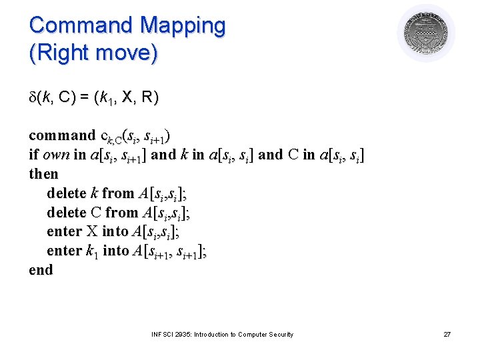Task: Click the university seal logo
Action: point(426,33)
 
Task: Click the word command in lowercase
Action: point(62,136)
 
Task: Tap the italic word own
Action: point(56,155)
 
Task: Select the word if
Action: point(33,155)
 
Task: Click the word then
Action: point(44,175)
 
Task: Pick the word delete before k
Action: point(67,193)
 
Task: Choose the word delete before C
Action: point(67,213)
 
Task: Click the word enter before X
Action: point(64,232)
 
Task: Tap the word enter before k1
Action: point(64,251)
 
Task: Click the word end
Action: point(41,270)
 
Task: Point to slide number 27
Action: point(447,334)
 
